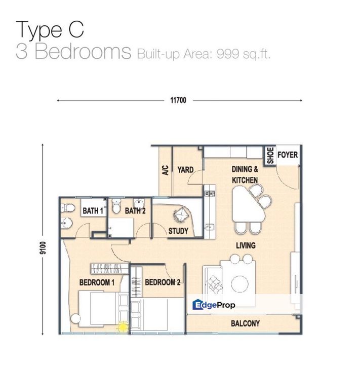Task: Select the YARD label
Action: click(185, 169)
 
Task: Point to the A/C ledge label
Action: click(165, 170)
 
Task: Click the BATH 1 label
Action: click(93, 211)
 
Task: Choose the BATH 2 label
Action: click(135, 211)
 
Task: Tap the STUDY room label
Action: click(178, 231)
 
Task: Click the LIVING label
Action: click(245, 245)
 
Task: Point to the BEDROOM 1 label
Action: click(97, 282)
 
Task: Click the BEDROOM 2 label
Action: click(163, 282)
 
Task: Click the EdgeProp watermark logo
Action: click(214, 305)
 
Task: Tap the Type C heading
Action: click(50, 29)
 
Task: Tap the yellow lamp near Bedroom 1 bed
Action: click(122, 327)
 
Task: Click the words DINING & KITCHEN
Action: click(245, 174)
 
